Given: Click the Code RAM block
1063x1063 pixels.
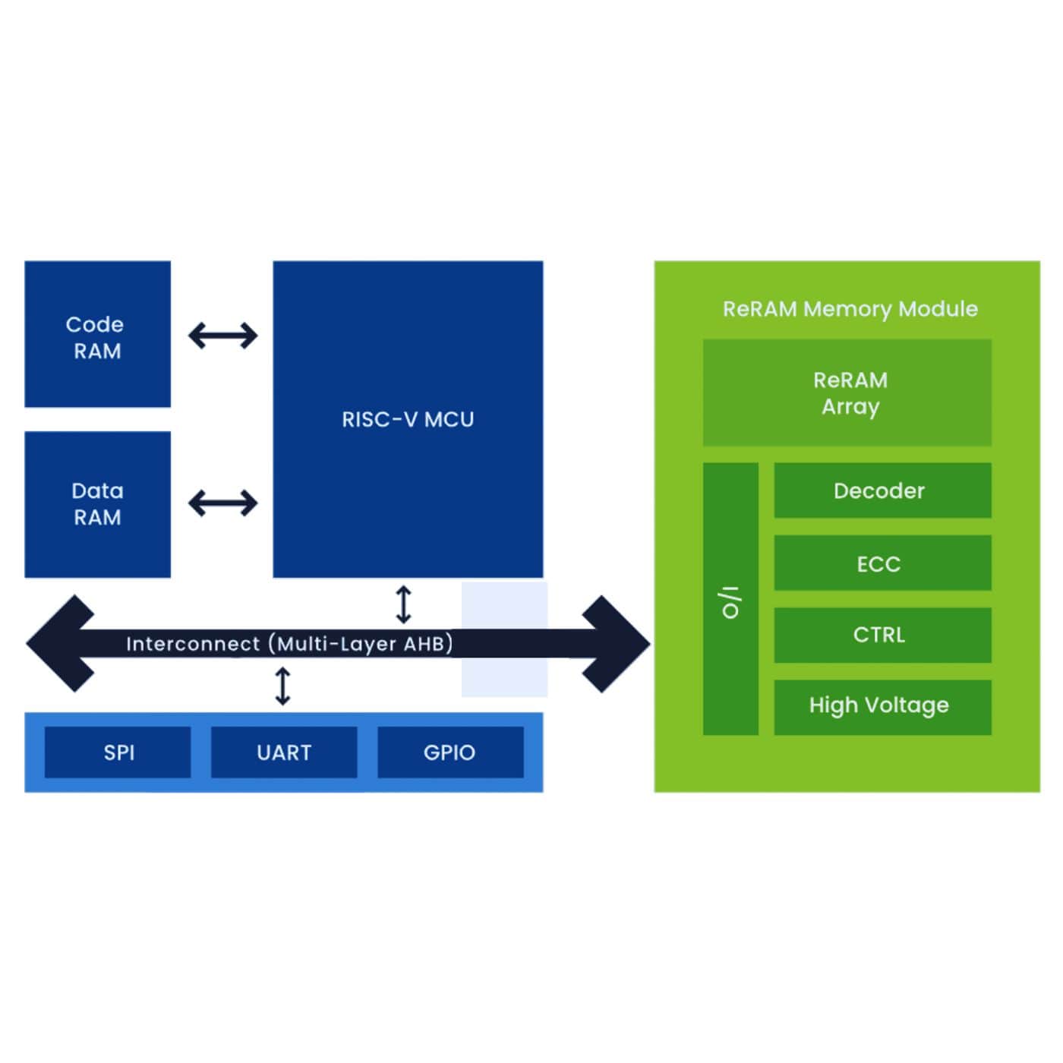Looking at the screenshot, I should click(97, 334).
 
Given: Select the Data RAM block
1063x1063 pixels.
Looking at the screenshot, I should click(97, 504).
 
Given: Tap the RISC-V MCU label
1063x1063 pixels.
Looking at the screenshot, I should click(408, 420).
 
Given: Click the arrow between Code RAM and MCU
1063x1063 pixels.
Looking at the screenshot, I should click(222, 335).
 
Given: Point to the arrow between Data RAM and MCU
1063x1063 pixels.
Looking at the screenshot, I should click(222, 503).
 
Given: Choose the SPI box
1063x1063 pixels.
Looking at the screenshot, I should click(118, 752).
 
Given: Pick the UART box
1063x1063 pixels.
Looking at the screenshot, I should click(284, 752).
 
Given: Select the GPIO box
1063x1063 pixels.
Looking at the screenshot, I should click(450, 752).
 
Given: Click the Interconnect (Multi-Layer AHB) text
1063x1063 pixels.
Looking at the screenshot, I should click(289, 644).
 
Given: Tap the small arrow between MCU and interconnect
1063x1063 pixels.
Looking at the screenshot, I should click(404, 604).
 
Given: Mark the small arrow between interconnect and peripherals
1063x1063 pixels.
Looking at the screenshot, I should click(282, 686).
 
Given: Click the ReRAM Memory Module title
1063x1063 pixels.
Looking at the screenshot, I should click(850, 309).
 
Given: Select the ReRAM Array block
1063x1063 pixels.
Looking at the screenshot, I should click(847, 393).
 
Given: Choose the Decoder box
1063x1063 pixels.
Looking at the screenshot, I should click(882, 490).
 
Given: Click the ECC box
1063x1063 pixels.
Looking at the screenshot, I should click(882, 563).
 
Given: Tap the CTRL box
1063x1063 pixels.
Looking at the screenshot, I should click(882, 635).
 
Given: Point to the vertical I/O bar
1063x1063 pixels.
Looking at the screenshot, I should click(730, 599).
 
